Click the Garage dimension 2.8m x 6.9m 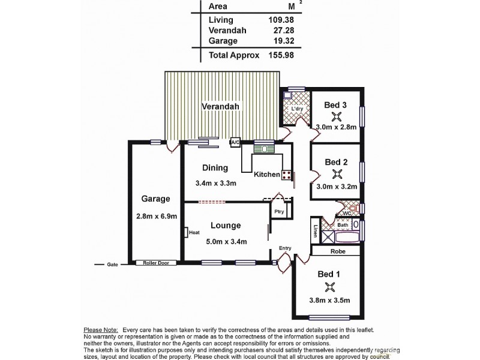tap(156, 217)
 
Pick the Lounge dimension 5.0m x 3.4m tap(226, 242)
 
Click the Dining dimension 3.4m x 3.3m tap(215, 183)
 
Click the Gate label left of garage tap(112, 264)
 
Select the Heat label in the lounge tap(194, 233)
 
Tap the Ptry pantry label tap(278, 212)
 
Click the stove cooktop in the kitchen tap(287, 175)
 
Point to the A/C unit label tap(236, 142)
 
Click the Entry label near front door tap(285, 248)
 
